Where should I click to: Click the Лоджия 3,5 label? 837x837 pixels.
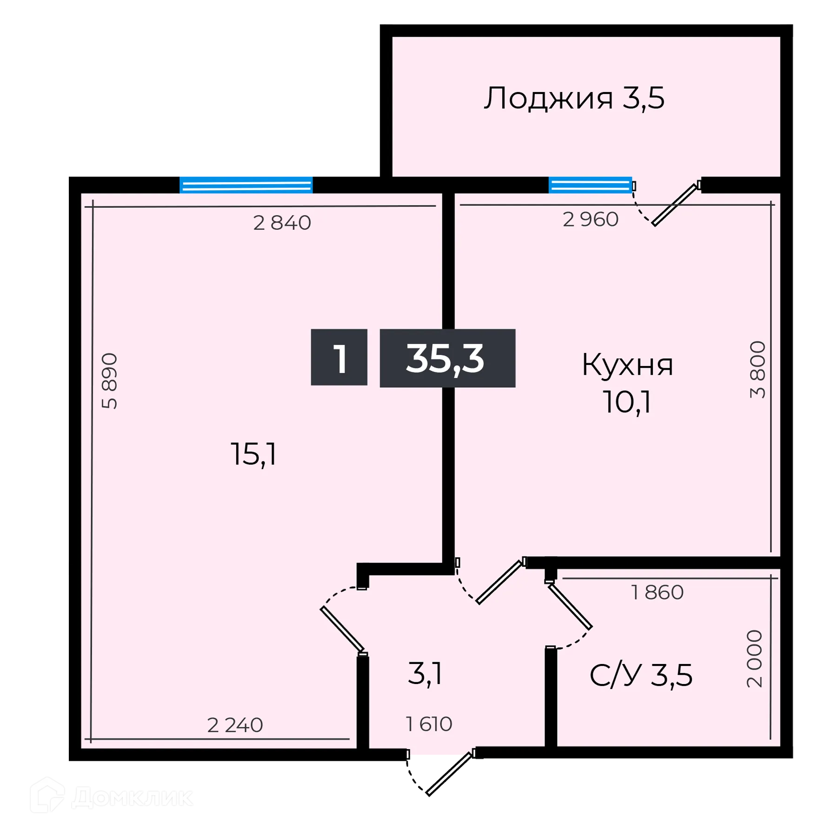tap(574, 99)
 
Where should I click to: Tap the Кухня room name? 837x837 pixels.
tap(627, 365)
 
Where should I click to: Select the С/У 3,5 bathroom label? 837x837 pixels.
tap(641, 675)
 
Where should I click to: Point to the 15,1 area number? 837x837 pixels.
tap(253, 454)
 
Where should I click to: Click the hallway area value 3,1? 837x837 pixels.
tap(425, 674)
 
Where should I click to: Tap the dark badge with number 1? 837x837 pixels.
tap(339, 358)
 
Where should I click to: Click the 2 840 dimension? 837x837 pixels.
tap(282, 223)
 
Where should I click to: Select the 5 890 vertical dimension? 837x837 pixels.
tap(110, 381)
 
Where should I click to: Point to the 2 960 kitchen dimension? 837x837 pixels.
tap(591, 219)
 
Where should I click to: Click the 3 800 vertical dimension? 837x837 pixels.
tap(757, 370)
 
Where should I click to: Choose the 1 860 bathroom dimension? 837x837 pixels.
tap(657, 592)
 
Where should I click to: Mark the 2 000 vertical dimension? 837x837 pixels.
tap(755, 659)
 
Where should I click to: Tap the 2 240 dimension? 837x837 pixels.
tap(235, 725)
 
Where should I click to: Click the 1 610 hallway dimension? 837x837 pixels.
tap(429, 724)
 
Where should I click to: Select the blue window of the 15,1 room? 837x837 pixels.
tap(246, 185)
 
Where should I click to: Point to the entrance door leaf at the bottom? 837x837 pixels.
tap(449, 774)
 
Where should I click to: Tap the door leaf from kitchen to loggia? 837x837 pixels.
tap(675, 205)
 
